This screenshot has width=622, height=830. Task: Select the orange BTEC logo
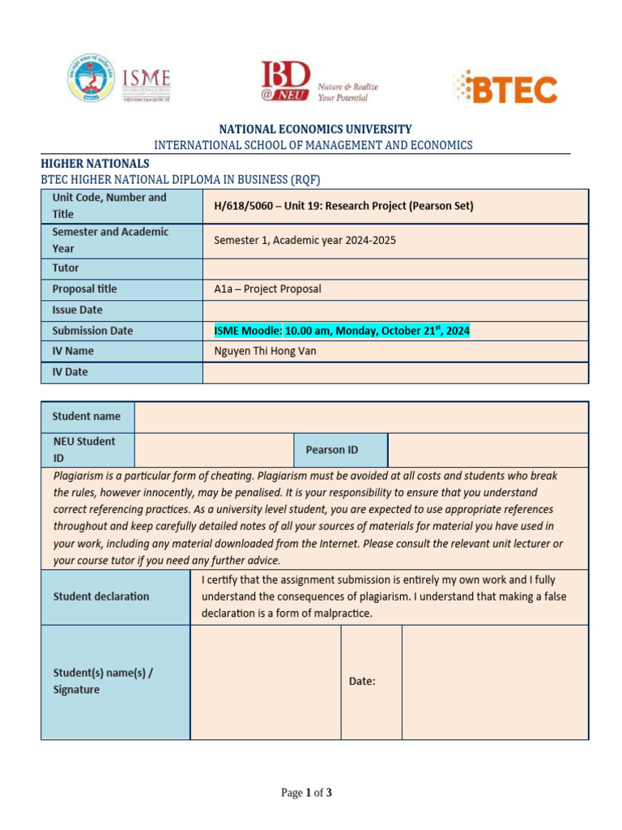505,88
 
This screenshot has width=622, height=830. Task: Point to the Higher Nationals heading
95,163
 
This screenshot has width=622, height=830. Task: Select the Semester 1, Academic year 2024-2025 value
305,241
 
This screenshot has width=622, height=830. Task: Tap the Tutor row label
66,268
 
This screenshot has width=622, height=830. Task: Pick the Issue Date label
77,310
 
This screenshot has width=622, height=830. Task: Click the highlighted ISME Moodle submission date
341,331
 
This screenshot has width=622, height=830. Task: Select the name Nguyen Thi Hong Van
265,351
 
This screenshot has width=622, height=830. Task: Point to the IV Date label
70,372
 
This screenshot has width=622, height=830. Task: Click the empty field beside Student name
361,417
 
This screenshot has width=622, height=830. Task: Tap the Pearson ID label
331,450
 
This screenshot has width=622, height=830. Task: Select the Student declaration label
101,597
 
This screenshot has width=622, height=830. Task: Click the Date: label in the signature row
362,682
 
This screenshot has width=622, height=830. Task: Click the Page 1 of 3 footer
306,793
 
